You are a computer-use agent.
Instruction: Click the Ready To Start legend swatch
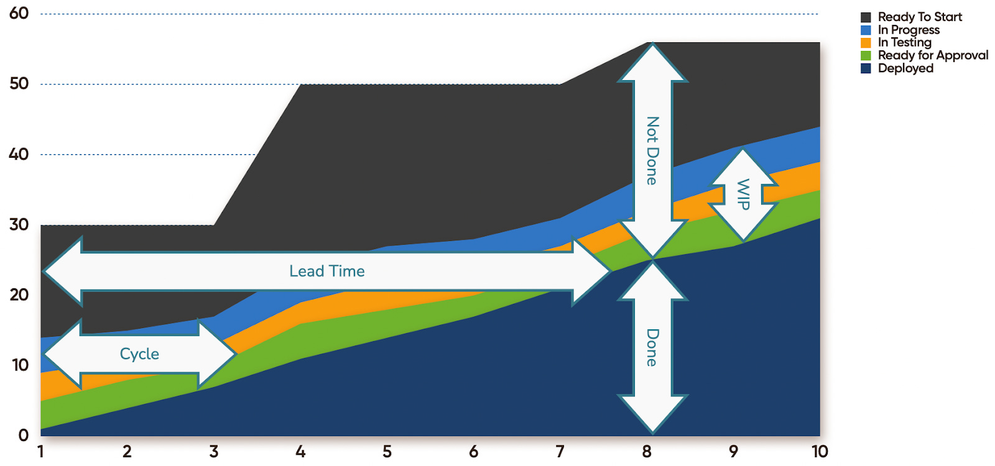[x=866, y=17]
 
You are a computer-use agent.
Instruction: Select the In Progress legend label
[x=909, y=30]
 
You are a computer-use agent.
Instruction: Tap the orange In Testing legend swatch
[x=866, y=43]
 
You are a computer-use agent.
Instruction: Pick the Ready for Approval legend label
[x=933, y=55]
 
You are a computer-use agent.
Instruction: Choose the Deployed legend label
[x=905, y=68]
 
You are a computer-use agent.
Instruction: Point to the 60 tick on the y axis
[x=19, y=13]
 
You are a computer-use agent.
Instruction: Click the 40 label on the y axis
[x=19, y=154]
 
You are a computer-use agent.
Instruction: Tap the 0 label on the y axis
[x=24, y=435]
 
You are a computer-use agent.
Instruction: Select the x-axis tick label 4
[x=300, y=452]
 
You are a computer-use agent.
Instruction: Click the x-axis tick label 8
[x=647, y=452]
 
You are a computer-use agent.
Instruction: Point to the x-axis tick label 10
[x=820, y=452]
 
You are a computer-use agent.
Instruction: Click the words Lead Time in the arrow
[x=327, y=271]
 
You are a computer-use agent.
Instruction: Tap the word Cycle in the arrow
[x=139, y=354]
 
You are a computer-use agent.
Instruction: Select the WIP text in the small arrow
[x=743, y=194]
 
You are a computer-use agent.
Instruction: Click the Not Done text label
[x=652, y=150]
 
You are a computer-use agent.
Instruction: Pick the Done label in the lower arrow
[x=652, y=347]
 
